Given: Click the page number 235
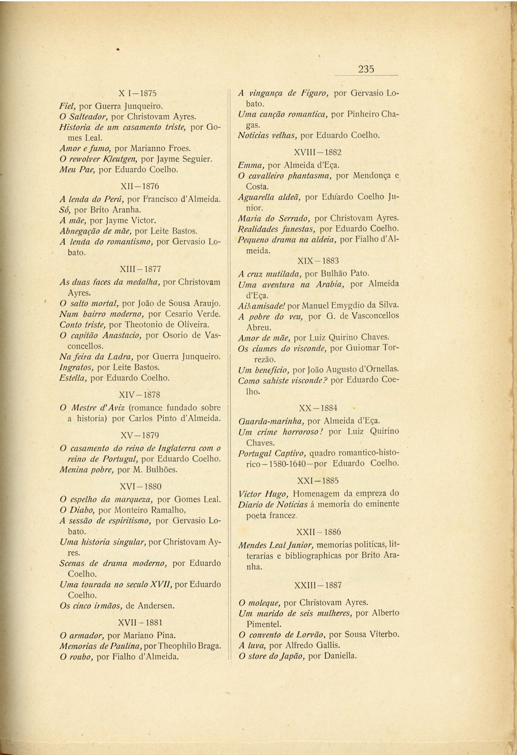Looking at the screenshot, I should coord(366,69).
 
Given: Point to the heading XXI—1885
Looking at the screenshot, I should coord(318,481).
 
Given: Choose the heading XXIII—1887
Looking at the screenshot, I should coord(318,585).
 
